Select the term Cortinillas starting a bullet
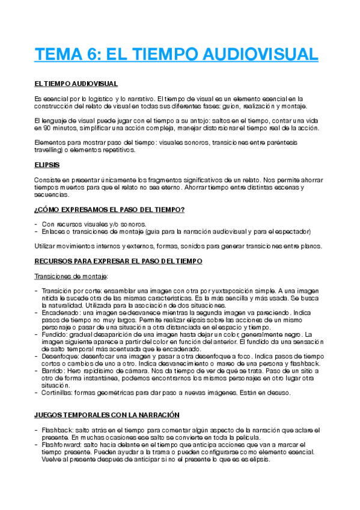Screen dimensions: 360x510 [59, 393]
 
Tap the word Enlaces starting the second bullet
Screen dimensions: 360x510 [55, 231]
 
